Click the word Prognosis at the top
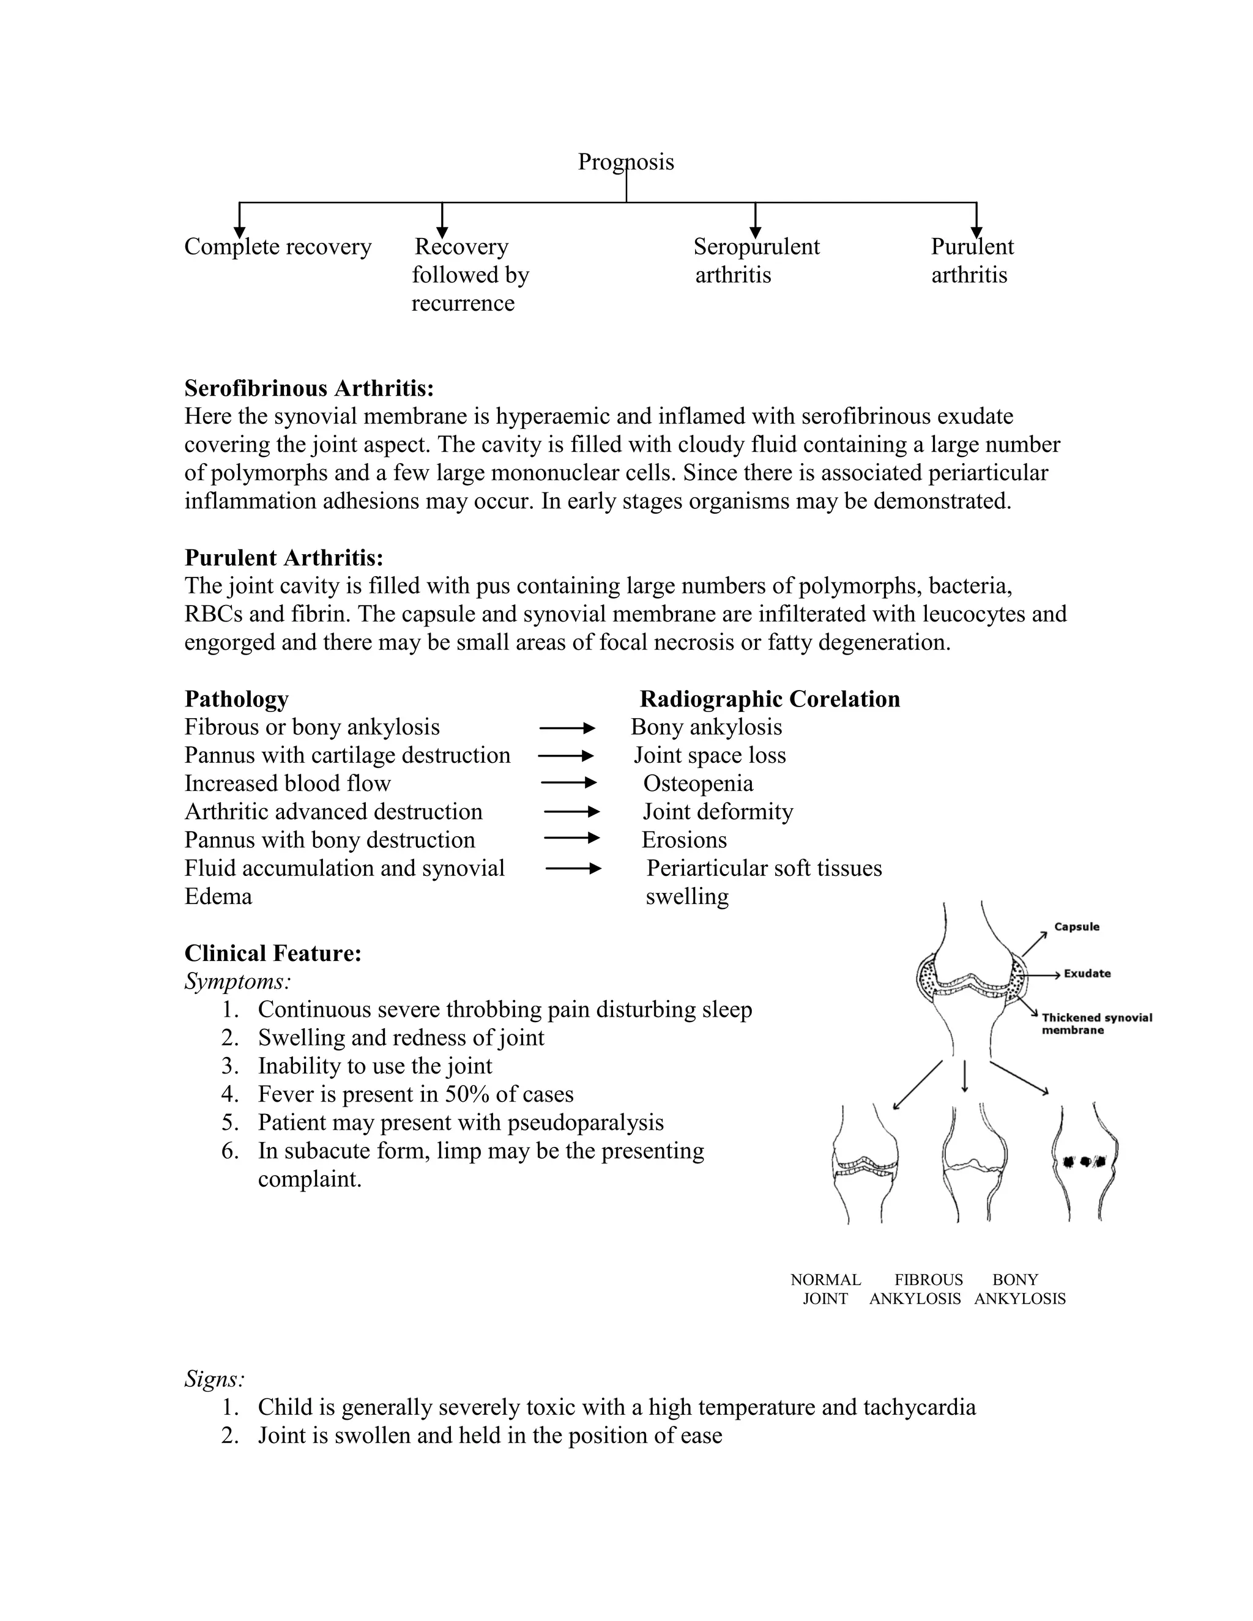pyautogui.click(x=625, y=162)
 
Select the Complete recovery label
pyautogui.click(x=278, y=247)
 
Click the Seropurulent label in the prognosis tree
pyautogui.click(x=756, y=247)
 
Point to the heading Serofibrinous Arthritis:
pyautogui.click(x=309, y=388)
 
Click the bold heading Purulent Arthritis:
pyautogui.click(x=283, y=557)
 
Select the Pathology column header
pyautogui.click(x=236, y=699)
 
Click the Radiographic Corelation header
pyautogui.click(x=769, y=699)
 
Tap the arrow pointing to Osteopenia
pyautogui.click(x=568, y=783)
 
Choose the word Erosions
pyautogui.click(x=683, y=840)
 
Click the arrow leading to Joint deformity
pyautogui.click(x=571, y=812)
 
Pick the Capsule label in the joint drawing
pyautogui.click(x=1076, y=927)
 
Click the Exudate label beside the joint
pyautogui.click(x=1087, y=974)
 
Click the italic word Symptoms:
pyautogui.click(x=237, y=982)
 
